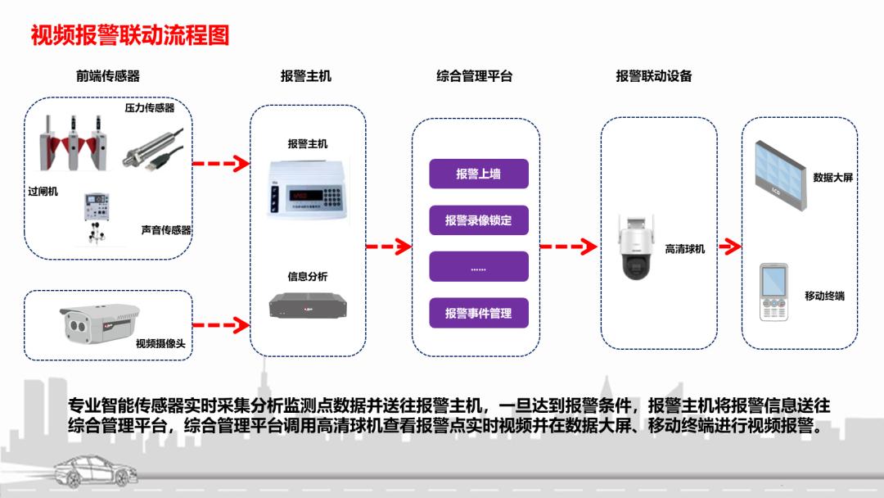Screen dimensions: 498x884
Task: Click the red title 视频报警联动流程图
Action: [x=130, y=36]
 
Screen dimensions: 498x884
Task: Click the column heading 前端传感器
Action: [x=108, y=76]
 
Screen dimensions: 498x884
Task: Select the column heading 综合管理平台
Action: [x=475, y=76]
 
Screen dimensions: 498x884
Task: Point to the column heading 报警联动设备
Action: [x=654, y=76]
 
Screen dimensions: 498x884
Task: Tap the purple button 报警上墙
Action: [x=479, y=174]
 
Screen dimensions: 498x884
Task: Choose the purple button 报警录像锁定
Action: [x=479, y=220]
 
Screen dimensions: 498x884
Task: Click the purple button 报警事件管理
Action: [x=479, y=313]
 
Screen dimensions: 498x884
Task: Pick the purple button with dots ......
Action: [x=479, y=267]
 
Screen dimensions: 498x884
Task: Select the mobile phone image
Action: [x=773, y=292]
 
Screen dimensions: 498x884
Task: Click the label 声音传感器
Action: [x=165, y=230]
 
